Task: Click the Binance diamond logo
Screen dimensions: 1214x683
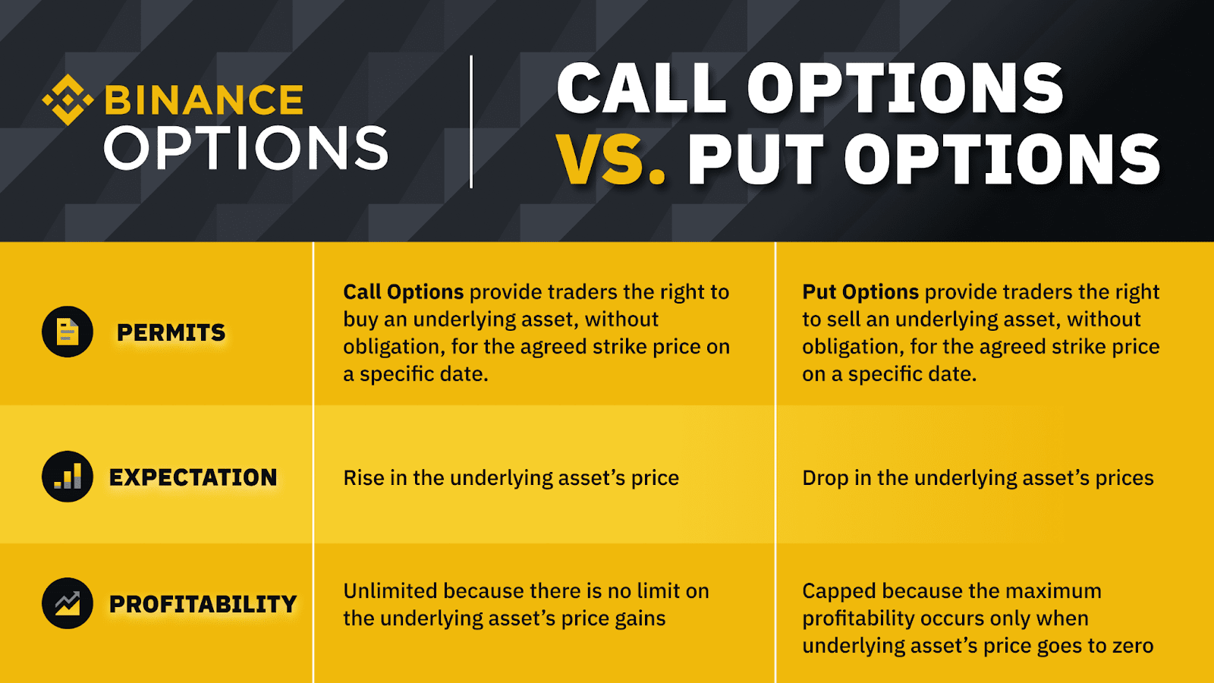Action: (68, 99)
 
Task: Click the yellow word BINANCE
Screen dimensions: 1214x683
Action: (204, 99)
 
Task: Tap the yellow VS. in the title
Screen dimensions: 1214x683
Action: (610, 160)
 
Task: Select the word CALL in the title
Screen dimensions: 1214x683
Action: (641, 88)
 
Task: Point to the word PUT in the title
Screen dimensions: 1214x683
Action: (756, 160)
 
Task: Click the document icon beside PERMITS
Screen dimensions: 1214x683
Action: (68, 332)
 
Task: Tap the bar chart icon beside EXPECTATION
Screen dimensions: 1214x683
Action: (68, 477)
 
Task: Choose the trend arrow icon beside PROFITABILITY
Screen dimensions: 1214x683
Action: (68, 603)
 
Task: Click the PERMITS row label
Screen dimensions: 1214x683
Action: (171, 332)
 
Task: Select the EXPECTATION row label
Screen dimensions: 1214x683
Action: (193, 477)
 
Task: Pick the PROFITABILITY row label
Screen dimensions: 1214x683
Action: (203, 604)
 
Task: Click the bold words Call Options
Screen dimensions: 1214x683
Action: (403, 292)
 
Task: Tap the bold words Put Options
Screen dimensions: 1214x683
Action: (860, 292)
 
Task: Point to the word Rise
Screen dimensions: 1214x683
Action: (363, 477)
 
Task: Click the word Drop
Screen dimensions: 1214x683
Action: (826, 478)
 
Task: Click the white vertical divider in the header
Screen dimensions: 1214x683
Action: (471, 121)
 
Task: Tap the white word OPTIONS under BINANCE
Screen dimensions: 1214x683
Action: (246, 147)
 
